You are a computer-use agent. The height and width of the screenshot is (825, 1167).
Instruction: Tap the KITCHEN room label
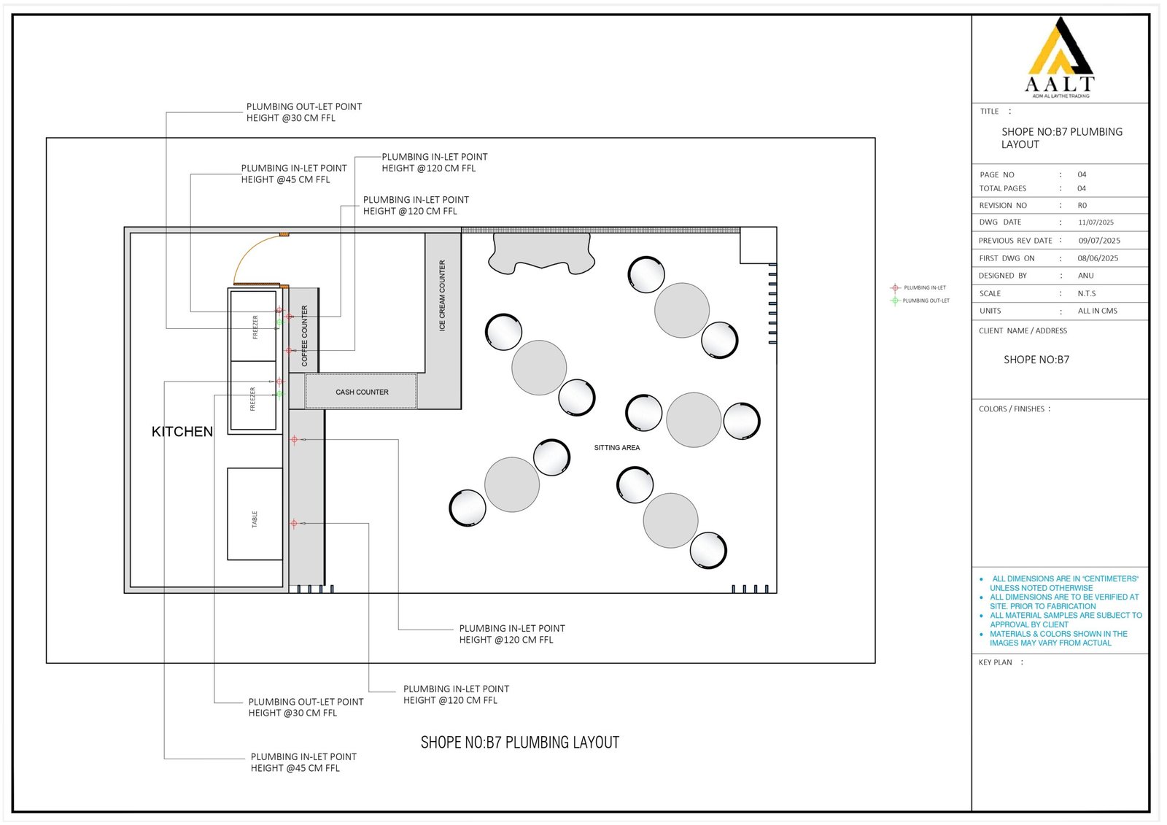182,432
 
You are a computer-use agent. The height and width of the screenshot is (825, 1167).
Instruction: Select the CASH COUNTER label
362,392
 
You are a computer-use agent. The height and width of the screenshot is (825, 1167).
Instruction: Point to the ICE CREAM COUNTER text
442,296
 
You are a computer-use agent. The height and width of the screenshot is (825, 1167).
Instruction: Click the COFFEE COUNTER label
305,336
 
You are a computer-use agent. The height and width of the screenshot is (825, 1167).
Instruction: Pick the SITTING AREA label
617,448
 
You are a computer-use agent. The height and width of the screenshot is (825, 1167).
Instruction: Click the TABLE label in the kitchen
255,519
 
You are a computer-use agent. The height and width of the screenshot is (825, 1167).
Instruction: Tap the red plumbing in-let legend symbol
895,287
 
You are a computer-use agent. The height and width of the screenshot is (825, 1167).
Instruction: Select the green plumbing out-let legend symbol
895,301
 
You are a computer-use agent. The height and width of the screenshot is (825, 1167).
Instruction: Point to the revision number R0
1082,205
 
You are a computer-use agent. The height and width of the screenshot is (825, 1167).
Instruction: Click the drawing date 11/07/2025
1096,222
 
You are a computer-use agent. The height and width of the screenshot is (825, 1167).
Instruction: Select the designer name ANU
1086,276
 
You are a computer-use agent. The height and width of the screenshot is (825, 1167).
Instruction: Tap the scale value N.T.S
1087,294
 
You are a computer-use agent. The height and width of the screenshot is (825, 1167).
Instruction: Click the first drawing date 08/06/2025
1098,258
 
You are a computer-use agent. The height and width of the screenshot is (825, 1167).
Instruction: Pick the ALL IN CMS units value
1098,311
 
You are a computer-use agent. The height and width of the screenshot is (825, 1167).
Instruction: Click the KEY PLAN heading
995,662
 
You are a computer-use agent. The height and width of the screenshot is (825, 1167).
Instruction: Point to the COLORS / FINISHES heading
1011,409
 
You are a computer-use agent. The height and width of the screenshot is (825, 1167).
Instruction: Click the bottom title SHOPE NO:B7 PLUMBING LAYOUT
520,743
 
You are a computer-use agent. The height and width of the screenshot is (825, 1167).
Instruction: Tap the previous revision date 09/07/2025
1099,241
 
